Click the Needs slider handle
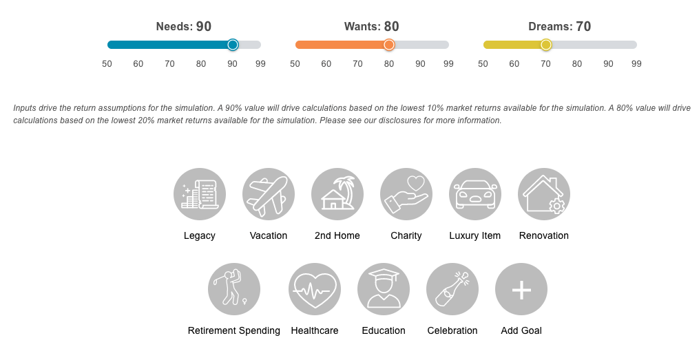[233, 45]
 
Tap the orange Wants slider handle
[389, 45]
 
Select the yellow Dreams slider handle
[546, 45]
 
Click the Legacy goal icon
[200, 194]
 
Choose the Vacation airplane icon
[269, 194]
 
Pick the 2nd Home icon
[337, 194]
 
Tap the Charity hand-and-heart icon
[406, 194]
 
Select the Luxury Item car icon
[475, 194]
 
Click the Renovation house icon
[544, 194]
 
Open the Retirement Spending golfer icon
[234, 289]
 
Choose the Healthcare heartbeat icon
[315, 289]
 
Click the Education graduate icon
[384, 289]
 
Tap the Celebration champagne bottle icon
[452, 289]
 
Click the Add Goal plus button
[521, 289]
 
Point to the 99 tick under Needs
[260, 64]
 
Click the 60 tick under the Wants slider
[326, 64]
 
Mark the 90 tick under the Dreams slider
[608, 64]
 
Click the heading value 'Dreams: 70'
[559, 27]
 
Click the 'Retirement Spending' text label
[234, 331]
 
